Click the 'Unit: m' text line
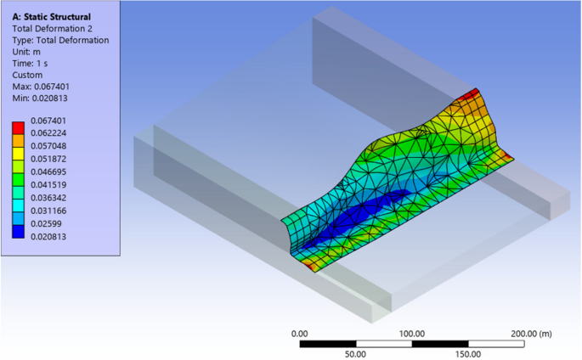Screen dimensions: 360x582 [29, 52]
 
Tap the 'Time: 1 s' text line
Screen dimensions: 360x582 [34, 64]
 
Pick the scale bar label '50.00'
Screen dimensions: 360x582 [355, 354]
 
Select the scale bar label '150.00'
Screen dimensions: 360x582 [468, 354]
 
